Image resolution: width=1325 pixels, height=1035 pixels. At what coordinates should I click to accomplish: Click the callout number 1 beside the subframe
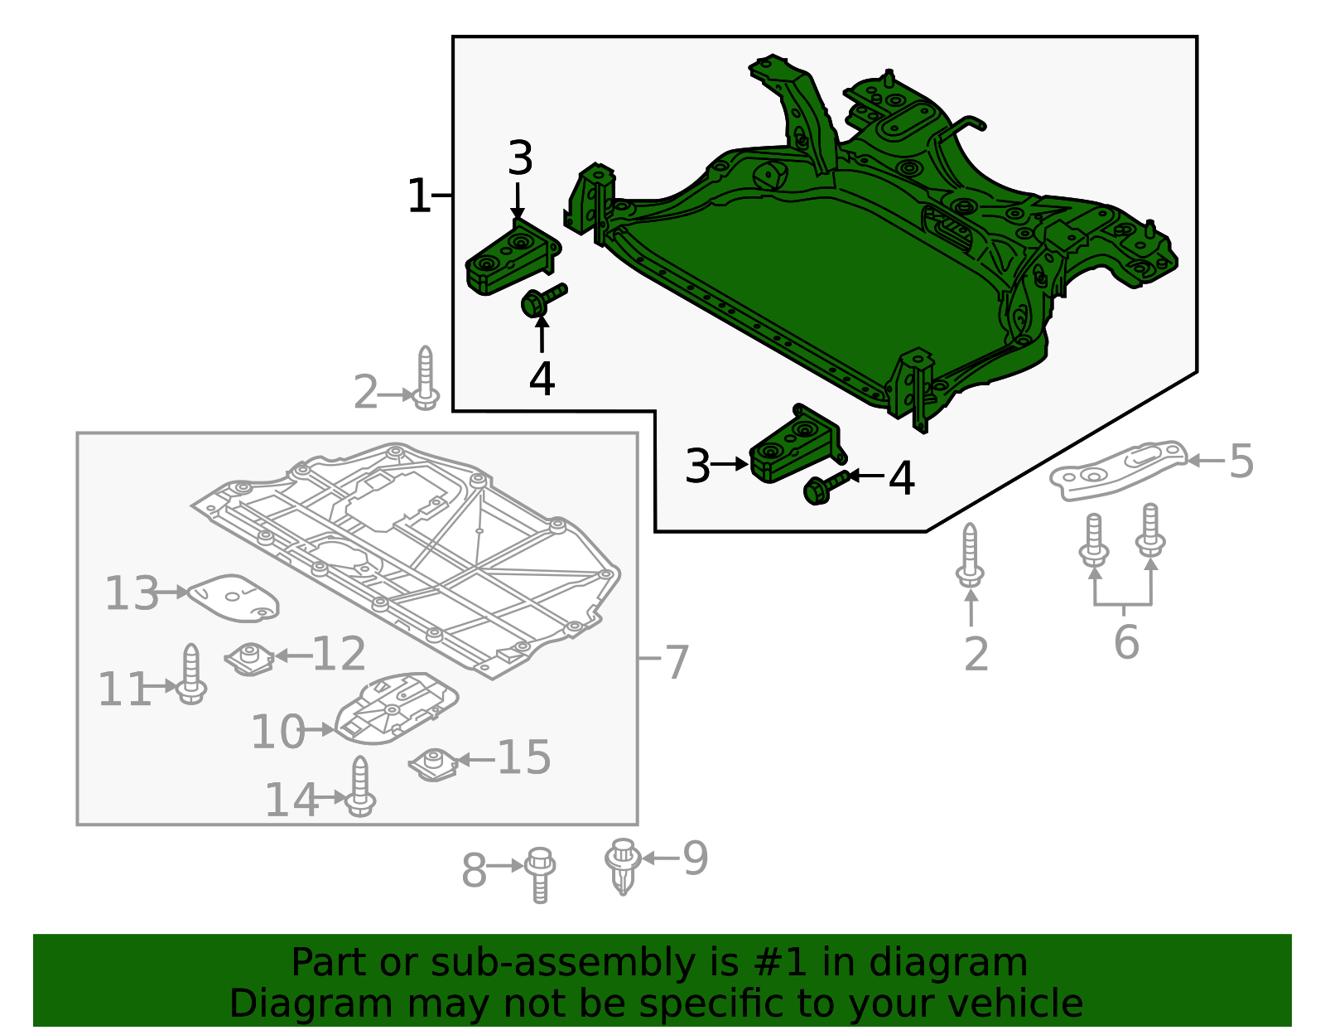(x=419, y=197)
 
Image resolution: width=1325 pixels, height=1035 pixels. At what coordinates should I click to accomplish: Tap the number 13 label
(x=132, y=594)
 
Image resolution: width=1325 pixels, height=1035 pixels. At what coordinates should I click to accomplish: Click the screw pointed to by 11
(x=192, y=675)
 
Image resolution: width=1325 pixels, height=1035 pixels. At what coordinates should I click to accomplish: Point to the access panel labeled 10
(x=397, y=708)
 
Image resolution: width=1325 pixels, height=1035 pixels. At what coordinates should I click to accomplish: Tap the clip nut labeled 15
(x=433, y=764)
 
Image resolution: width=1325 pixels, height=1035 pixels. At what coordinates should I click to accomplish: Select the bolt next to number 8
(x=540, y=873)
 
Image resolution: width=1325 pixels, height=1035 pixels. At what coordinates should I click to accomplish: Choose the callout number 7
(x=677, y=662)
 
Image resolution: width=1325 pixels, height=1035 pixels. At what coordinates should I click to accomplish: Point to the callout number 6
(x=1126, y=642)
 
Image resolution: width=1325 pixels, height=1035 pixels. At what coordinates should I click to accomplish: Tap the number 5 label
(x=1241, y=462)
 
